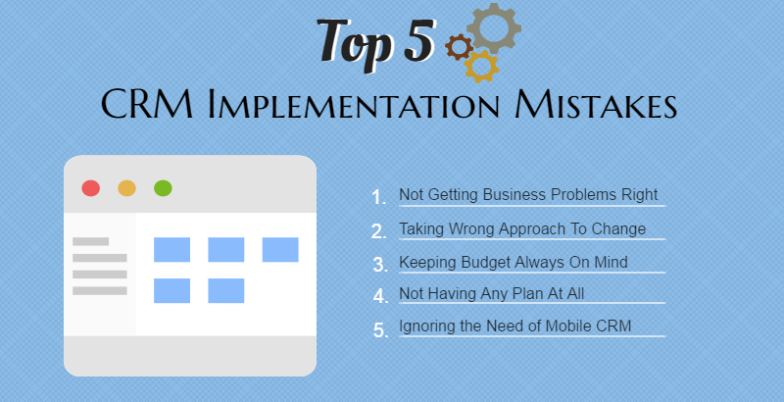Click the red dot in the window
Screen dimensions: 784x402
[91, 188]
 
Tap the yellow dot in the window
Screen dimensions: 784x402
[127, 188]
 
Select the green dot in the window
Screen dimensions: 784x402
[163, 188]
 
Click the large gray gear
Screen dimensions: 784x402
[494, 28]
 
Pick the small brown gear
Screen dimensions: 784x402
[459, 47]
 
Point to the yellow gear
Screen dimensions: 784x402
[481, 66]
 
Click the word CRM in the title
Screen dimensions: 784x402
[147, 104]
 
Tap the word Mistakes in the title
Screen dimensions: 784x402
[596, 104]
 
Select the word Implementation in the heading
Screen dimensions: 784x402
[354, 104]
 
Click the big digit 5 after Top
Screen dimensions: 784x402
[419, 40]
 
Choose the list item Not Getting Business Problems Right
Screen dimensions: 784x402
[528, 194]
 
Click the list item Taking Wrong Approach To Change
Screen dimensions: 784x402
[522, 228]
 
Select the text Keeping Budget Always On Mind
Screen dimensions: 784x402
[514, 262]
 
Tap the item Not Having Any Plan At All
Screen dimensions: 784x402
[492, 293]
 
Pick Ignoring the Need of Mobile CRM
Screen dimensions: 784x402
[515, 326]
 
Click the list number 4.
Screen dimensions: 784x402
[380, 296]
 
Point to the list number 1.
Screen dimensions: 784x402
[378, 197]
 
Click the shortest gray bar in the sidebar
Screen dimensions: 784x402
[90, 241]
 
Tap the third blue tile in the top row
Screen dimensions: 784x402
[280, 249]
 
